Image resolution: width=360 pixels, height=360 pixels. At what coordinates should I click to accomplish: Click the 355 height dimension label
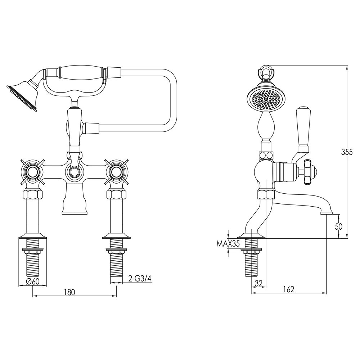347,152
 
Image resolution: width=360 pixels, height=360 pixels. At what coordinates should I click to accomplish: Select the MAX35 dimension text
228,244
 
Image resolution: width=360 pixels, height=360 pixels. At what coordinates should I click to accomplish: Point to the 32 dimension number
258,283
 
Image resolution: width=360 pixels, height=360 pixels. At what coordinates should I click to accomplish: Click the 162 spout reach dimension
289,289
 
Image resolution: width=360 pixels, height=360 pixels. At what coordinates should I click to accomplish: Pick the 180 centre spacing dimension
70,292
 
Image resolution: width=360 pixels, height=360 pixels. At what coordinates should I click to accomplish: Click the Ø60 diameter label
33,282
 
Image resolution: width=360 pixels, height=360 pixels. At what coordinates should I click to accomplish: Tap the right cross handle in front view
117,172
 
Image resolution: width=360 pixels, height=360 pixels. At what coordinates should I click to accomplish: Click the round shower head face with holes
265,99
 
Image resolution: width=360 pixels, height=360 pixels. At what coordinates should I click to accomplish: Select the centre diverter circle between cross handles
75,172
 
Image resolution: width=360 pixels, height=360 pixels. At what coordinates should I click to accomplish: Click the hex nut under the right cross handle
117,195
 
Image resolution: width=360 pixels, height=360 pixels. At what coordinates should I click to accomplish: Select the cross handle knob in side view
310,172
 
